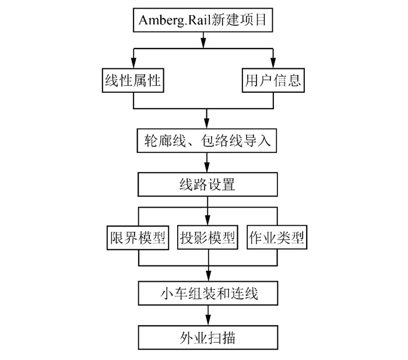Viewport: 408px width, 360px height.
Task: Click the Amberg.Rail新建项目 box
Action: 203,20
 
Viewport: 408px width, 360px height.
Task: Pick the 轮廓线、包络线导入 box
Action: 207,140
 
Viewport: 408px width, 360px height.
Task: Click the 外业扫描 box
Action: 207,337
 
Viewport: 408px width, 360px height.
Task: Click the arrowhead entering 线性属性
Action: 133,64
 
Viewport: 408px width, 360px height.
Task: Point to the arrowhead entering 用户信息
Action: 273,64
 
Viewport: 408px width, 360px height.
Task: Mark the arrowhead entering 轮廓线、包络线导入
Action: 207,124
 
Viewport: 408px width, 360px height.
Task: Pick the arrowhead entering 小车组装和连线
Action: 207,277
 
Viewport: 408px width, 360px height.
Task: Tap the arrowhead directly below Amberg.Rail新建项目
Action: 203,42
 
